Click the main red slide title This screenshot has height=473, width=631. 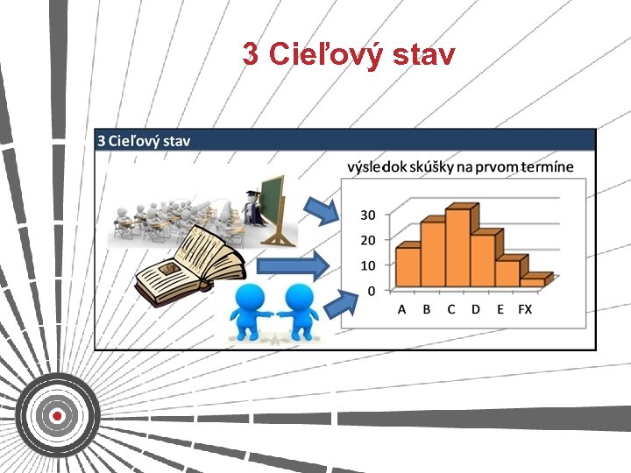pos(349,55)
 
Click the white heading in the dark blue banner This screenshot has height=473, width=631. pos(144,140)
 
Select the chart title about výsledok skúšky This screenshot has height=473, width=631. pos(460,166)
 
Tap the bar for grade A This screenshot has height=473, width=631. pos(408,267)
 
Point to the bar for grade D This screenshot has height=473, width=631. pos(482,259)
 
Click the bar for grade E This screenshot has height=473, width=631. pos(507,272)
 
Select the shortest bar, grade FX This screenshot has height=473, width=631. pos(532,282)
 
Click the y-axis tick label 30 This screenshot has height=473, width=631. pos(369,215)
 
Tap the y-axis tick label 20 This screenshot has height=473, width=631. pos(369,240)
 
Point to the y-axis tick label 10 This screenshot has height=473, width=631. pos(369,265)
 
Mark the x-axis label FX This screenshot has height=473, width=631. pos(525,309)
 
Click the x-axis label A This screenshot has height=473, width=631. pos(402,309)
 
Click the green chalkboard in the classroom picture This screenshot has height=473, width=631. pos(274,203)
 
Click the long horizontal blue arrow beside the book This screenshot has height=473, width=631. pos(293,265)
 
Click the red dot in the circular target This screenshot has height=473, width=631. pos(57,415)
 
